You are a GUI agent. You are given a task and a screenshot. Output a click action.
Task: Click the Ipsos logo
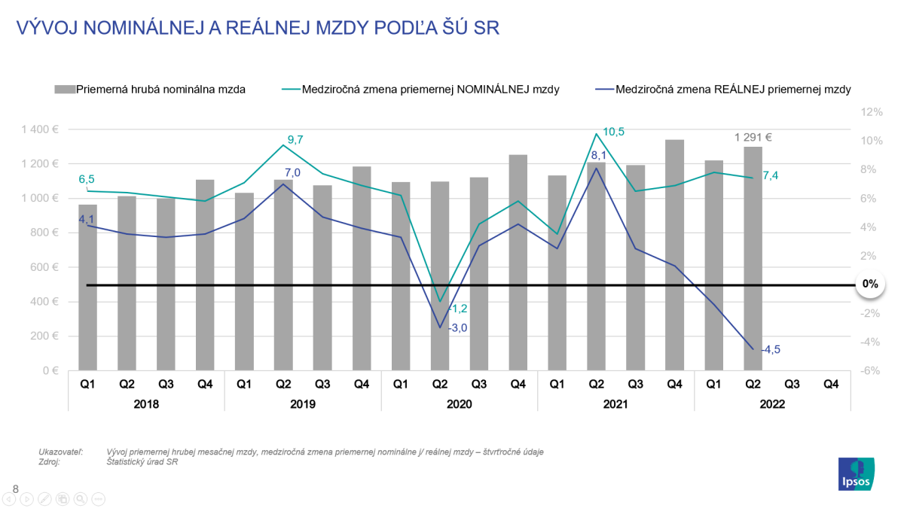coord(857,474)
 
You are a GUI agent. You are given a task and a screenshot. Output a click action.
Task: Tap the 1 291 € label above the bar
coord(753,137)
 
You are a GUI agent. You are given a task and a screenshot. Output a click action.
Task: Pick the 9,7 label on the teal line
coord(295,139)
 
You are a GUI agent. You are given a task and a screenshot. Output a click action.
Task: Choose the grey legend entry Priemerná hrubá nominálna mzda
coord(150,89)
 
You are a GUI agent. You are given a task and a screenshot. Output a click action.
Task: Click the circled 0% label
coord(870,284)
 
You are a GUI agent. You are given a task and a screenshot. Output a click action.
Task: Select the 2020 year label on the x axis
coord(459,404)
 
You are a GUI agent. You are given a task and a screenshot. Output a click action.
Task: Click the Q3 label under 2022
coord(792,384)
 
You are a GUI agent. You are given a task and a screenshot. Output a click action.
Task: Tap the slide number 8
coord(16,489)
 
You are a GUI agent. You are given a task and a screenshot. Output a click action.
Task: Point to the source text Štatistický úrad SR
coord(142,461)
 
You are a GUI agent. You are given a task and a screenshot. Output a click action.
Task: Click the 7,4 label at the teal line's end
coord(770,175)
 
